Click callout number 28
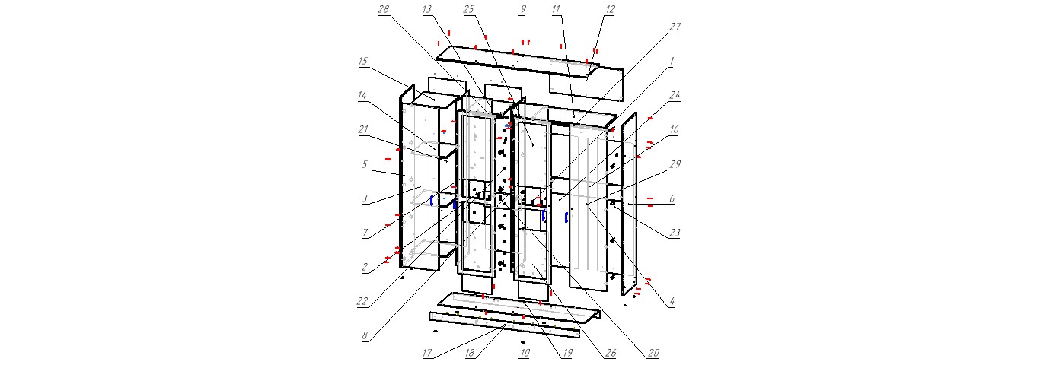(x=383, y=10)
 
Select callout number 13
(x=426, y=10)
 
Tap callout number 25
(x=468, y=10)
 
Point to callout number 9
(x=523, y=10)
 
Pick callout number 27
(x=675, y=27)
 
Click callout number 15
(x=363, y=62)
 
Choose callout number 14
(x=363, y=97)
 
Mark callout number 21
(x=363, y=129)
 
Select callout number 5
(x=365, y=164)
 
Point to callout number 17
(x=428, y=354)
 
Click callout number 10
(x=524, y=354)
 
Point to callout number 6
(x=672, y=198)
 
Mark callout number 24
(x=675, y=97)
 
